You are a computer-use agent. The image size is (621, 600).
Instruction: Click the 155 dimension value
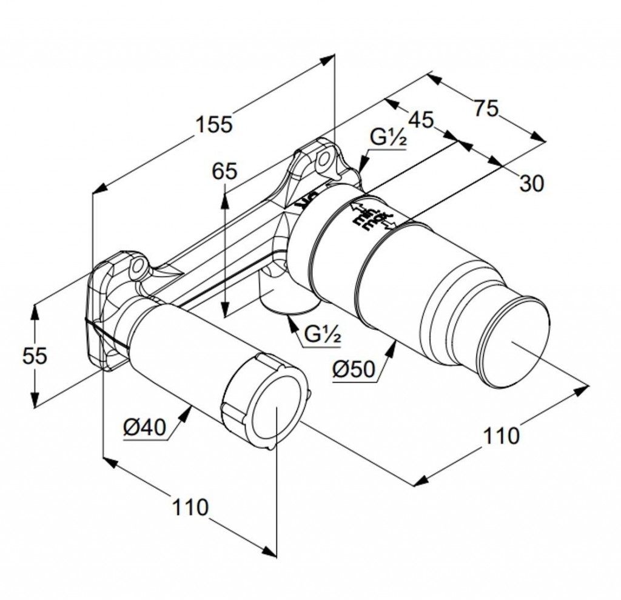click(214, 124)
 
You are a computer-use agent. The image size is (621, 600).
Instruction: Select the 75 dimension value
click(486, 109)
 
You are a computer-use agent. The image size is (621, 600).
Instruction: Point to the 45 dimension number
click(420, 120)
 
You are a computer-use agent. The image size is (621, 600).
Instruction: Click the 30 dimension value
click(532, 183)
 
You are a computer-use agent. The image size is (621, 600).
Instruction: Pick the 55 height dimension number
click(35, 356)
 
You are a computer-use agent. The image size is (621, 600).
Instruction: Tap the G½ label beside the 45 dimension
click(388, 138)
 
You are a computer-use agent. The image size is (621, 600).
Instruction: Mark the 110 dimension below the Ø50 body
click(501, 435)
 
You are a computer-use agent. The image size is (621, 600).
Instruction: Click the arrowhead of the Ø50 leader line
click(395, 345)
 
